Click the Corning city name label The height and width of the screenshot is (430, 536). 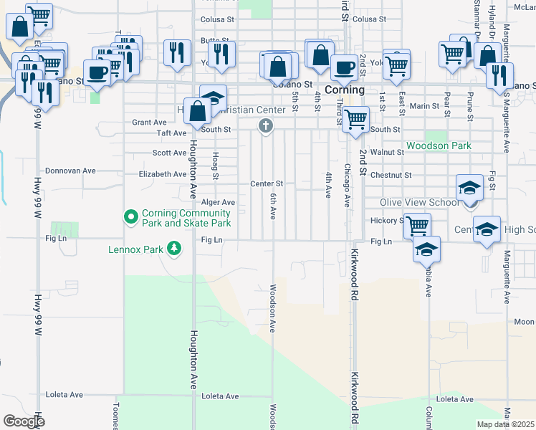coord(345,90)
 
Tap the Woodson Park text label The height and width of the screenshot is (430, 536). coord(439,145)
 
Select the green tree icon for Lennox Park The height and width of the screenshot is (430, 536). coord(173,249)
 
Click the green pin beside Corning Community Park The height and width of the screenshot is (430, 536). coord(130,216)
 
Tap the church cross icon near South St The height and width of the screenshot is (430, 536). coord(265,127)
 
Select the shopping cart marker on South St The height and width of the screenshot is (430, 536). coord(355,119)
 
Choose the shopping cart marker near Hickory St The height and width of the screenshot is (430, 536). coord(416,226)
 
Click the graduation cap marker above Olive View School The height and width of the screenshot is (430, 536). coord(469,188)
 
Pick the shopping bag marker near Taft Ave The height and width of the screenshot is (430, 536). coord(197,110)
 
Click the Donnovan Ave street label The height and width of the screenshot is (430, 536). coord(70,171)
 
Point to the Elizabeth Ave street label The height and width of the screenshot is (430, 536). coord(163,174)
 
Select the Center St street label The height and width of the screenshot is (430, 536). coord(267,184)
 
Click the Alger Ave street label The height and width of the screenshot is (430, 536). coord(218,203)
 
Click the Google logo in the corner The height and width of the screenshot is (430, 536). coord(24,421)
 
